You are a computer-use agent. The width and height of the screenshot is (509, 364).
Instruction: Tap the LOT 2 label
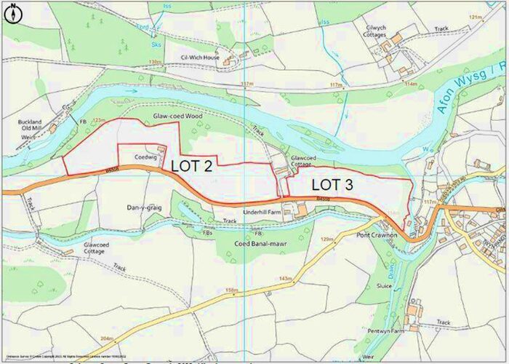click(x=191, y=166)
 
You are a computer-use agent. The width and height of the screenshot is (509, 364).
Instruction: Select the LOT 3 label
click(x=332, y=185)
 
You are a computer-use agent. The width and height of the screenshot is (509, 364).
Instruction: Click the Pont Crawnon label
click(x=377, y=236)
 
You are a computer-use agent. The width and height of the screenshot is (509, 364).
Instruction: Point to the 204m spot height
click(x=106, y=339)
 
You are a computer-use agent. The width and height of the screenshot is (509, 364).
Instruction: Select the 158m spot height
click(x=232, y=290)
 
